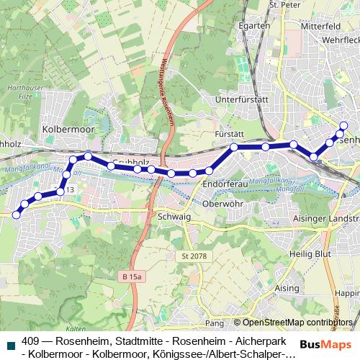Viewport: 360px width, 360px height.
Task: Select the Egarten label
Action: tap(255, 25)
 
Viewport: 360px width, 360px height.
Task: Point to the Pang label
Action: tap(215, 323)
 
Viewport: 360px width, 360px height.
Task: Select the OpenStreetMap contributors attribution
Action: tap(297, 323)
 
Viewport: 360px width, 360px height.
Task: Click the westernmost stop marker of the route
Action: tap(16, 215)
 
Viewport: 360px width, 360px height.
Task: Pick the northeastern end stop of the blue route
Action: tap(343, 126)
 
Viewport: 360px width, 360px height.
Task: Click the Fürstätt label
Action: tap(230, 134)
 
